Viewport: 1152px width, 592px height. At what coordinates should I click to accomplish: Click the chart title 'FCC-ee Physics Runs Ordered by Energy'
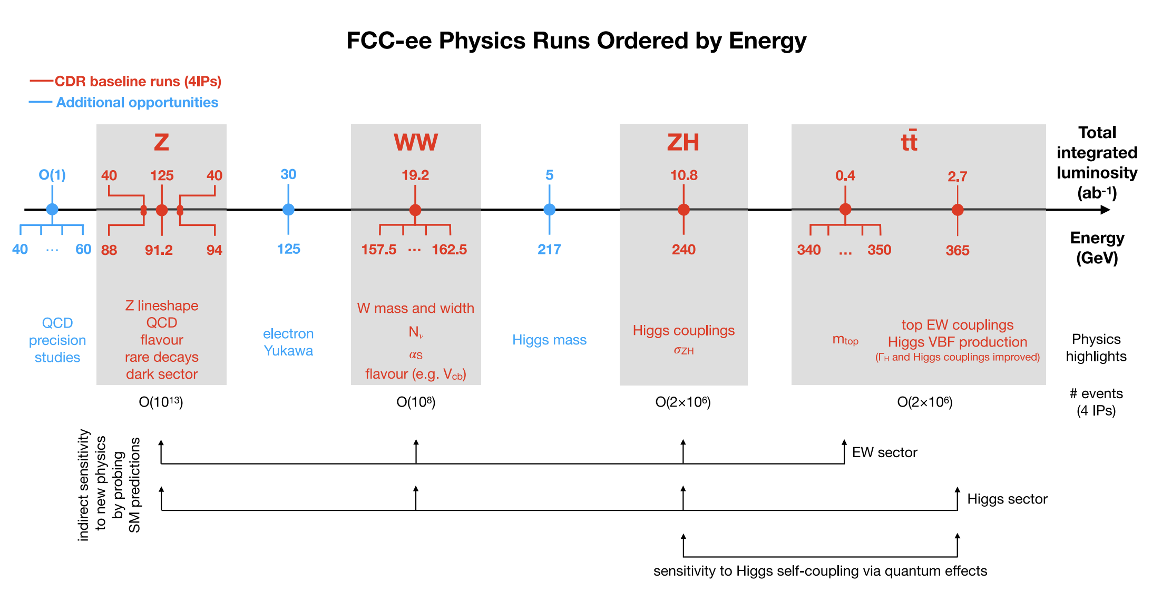pos(576,41)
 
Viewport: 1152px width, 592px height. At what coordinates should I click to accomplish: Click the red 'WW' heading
pos(416,142)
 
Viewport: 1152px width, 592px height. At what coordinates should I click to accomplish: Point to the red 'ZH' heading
pos(683,142)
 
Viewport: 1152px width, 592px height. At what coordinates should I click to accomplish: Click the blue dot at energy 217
pos(549,210)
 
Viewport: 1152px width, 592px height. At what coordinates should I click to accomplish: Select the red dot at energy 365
pos(958,210)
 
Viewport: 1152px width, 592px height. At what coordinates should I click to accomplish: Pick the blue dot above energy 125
pos(288,210)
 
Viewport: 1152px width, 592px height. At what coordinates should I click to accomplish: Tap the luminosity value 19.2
pos(415,175)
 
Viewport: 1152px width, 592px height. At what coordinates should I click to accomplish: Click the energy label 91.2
pos(159,250)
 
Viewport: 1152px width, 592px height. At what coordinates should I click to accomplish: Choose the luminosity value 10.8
pos(684,175)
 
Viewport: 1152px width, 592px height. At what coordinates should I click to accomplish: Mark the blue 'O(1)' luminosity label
pos(52,175)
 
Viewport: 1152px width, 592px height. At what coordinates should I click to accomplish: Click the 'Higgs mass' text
pos(549,340)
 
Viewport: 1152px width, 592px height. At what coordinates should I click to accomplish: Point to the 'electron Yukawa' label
pos(288,342)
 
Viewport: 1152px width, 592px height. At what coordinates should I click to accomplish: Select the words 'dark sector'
pos(162,374)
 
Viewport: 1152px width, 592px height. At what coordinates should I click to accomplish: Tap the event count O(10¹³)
pos(161,402)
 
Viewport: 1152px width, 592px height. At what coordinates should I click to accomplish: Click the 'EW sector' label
pos(885,452)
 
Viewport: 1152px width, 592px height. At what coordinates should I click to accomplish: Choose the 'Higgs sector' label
pos(1007,499)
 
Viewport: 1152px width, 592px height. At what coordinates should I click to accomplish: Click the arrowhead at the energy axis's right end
pos(1106,210)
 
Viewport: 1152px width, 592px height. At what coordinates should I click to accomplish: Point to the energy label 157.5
pos(379,250)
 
